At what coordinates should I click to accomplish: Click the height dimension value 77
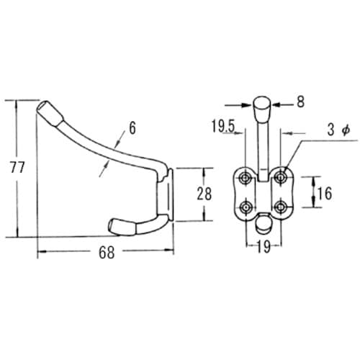[17, 167]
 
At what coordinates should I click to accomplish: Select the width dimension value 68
[107, 253]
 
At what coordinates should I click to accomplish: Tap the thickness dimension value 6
[132, 127]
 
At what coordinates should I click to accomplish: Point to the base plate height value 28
[204, 194]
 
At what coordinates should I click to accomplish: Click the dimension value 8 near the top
[300, 102]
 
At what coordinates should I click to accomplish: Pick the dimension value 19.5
[223, 126]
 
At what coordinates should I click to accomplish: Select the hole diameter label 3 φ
[338, 130]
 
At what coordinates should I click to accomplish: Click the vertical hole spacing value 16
[325, 193]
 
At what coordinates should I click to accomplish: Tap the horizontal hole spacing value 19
[264, 246]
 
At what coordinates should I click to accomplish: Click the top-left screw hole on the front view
[246, 178]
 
